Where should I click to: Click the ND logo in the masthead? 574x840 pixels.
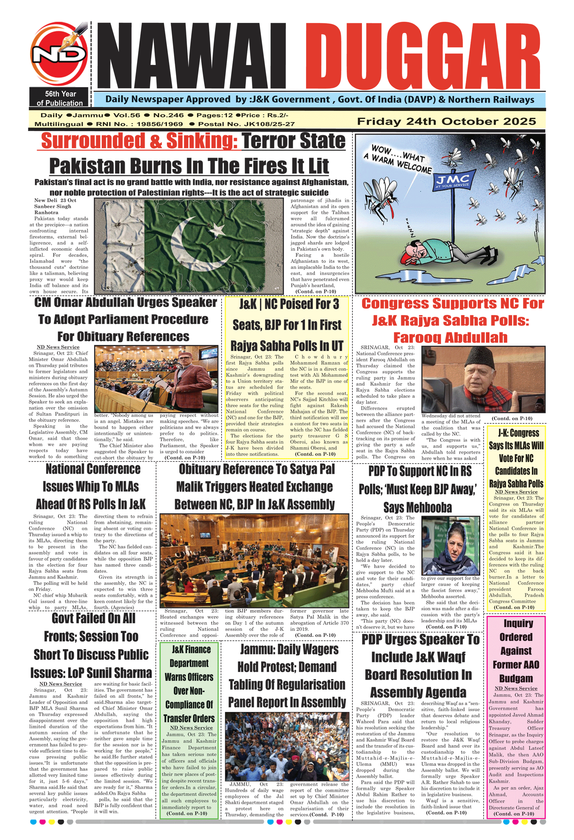[x=58, y=54]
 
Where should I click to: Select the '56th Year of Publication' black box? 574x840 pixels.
[x=60, y=98]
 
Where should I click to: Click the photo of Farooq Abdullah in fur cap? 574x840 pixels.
[x=483, y=379]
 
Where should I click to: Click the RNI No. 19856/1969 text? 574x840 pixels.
[x=139, y=124]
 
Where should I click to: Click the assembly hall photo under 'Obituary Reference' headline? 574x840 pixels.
[x=254, y=561]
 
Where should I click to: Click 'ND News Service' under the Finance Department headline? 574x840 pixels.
[x=191, y=728]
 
